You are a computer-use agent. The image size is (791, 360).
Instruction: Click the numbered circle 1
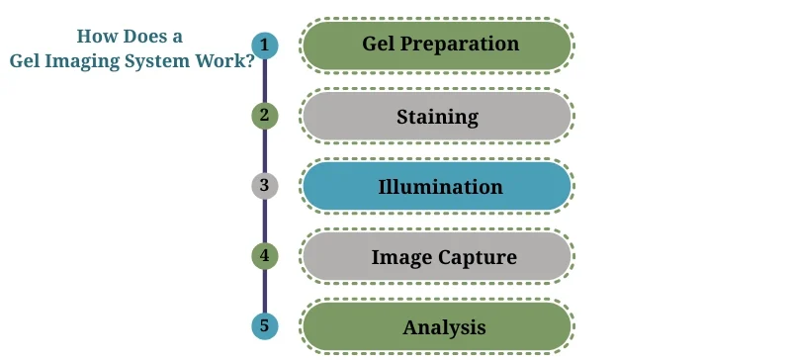(264, 45)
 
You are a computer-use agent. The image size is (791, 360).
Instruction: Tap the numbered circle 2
(264, 116)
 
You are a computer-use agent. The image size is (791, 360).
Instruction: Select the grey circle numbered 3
(264, 186)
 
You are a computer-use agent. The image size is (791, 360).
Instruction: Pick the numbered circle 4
(264, 256)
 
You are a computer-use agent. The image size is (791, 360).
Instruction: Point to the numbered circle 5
(264, 326)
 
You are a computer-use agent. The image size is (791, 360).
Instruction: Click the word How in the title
(96, 37)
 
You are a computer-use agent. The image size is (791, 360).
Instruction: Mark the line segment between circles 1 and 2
(264, 81)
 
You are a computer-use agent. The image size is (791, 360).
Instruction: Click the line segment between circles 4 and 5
(264, 292)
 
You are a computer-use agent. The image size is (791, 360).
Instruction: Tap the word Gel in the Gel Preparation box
(381, 45)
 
